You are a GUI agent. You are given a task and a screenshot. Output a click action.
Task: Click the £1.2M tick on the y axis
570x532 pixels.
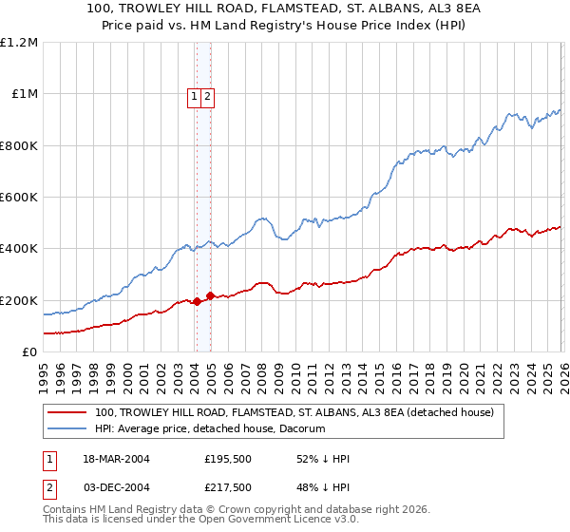pos(18,43)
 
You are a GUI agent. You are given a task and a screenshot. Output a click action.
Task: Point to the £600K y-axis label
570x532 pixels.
pos(18,198)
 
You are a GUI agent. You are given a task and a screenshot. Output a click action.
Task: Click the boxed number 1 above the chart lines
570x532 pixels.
pos(195,95)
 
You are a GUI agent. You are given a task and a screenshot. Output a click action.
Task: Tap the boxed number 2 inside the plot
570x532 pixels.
pos(207,95)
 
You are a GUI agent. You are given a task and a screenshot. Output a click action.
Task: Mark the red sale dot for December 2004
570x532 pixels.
pos(210,295)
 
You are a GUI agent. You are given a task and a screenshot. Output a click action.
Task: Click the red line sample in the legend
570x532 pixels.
pos(66,413)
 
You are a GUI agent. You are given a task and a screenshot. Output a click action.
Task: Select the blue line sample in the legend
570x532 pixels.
pos(66,430)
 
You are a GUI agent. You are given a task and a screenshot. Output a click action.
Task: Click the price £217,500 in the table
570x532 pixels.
pos(227,489)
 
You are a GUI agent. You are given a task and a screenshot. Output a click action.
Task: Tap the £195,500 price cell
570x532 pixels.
pos(227,459)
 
